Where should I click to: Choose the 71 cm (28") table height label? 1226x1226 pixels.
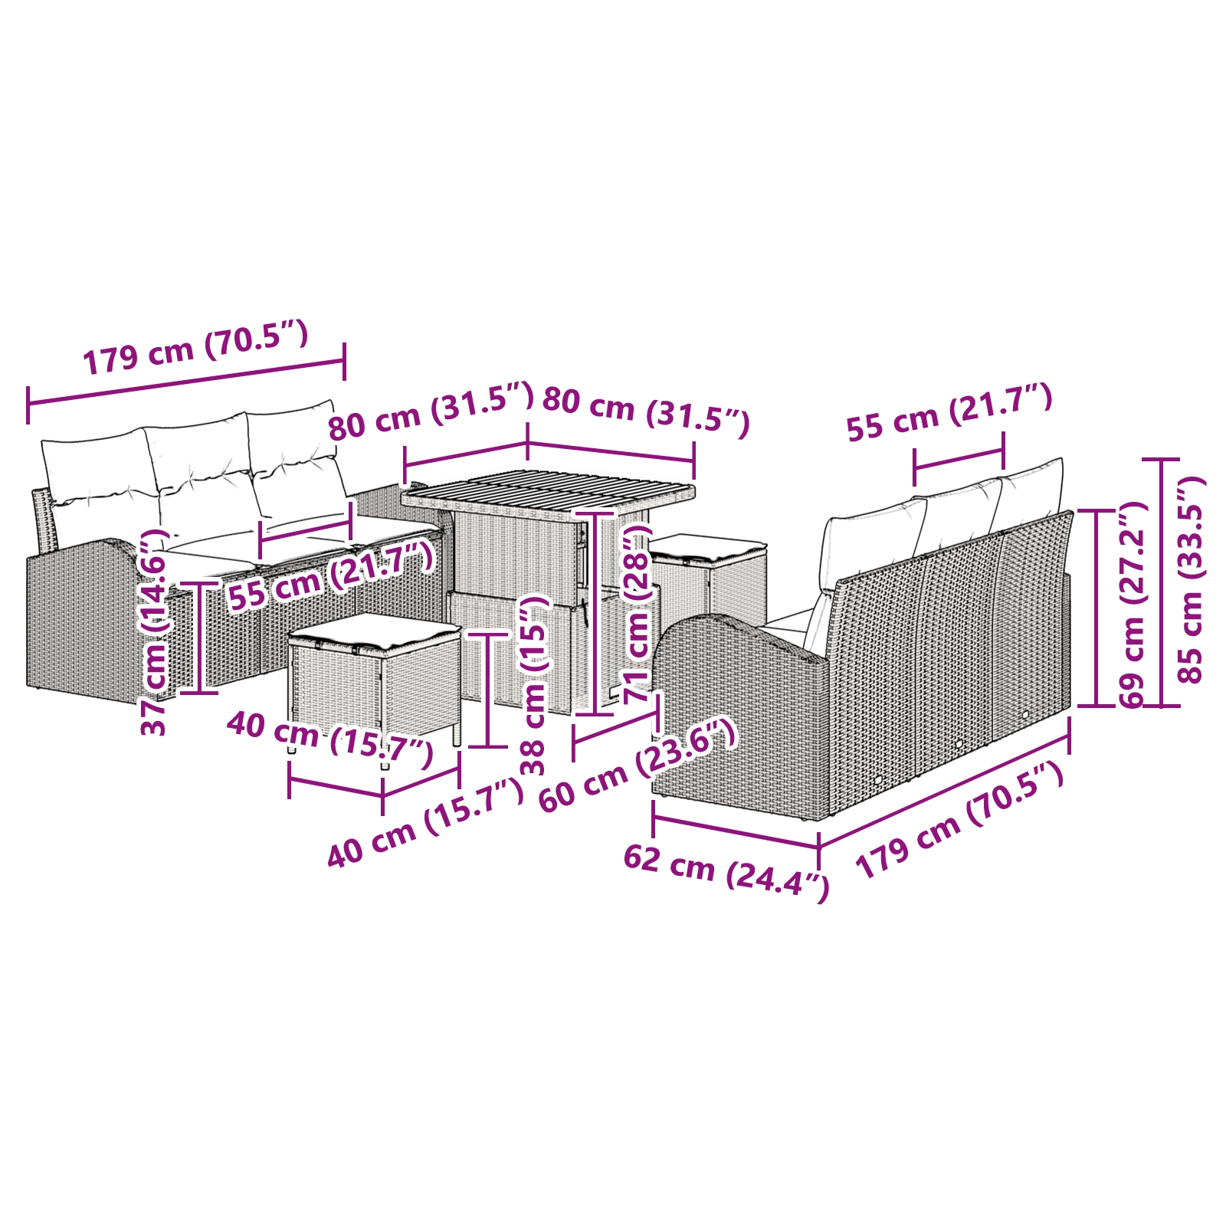pos(638,613)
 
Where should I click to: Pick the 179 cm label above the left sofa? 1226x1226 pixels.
pos(195,349)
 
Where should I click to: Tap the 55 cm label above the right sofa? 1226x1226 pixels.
pos(949,414)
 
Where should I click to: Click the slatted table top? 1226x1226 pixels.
pos(549,494)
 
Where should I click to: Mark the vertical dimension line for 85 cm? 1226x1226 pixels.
pos(1162,582)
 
